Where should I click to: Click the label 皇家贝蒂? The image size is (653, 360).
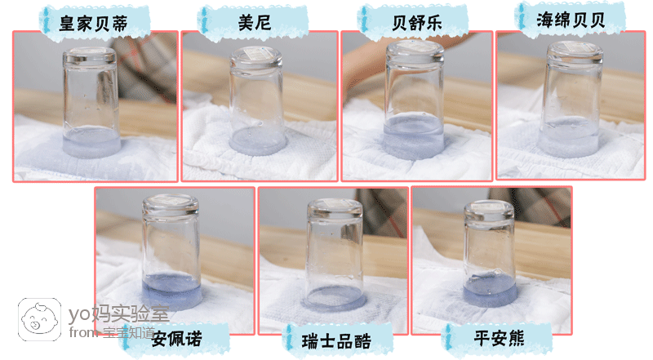click(x=93, y=24)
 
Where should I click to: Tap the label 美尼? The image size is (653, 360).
click(x=255, y=22)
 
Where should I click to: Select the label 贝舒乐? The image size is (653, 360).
click(x=416, y=23)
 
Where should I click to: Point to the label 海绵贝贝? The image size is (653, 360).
click(x=571, y=20)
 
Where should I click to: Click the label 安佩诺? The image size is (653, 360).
click(x=176, y=339)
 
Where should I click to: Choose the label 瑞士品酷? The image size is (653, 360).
click(x=336, y=341)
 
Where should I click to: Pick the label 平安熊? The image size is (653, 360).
click(x=499, y=338)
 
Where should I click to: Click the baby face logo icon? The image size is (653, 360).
click(x=39, y=319)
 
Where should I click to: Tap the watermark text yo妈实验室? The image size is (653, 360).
click(x=118, y=314)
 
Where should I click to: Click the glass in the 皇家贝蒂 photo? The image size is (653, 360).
click(x=91, y=102)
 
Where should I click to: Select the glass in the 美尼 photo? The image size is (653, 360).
click(x=257, y=100)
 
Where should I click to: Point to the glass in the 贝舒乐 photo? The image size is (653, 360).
click(x=414, y=100)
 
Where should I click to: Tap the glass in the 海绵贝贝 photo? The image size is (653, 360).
click(x=571, y=100)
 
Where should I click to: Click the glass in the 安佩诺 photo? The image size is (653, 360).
click(x=171, y=251)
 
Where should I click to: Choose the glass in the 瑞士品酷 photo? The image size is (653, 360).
click(x=334, y=255)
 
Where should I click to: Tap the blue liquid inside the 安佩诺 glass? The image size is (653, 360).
click(x=172, y=291)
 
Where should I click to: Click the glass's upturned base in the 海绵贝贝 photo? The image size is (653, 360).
click(x=575, y=52)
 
